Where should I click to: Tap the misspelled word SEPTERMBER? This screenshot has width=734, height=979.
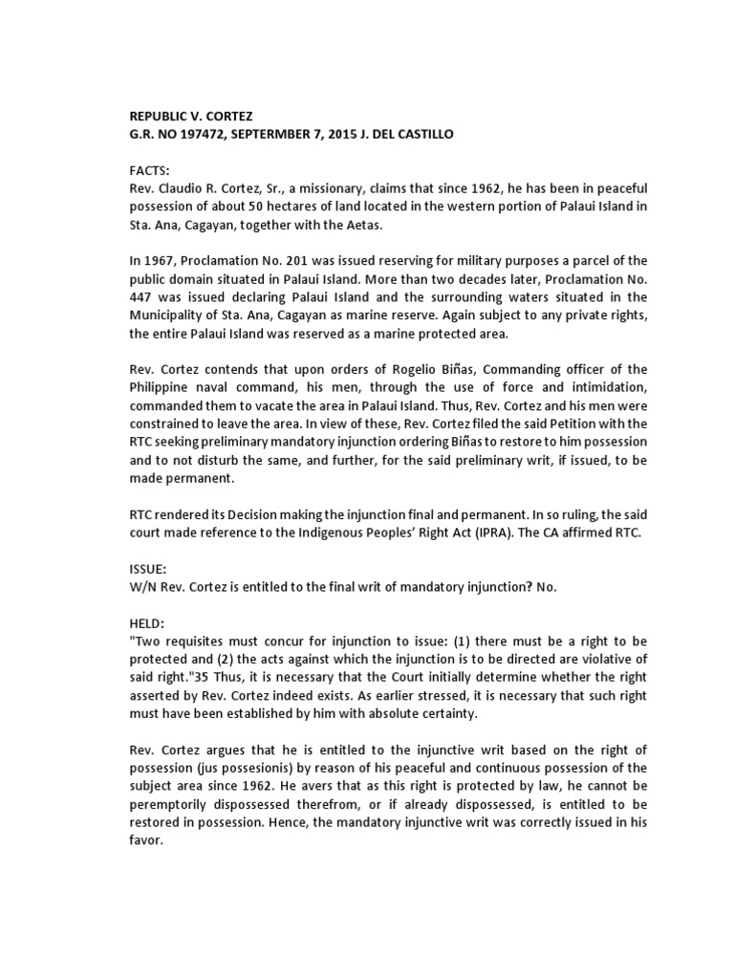point(271,135)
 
